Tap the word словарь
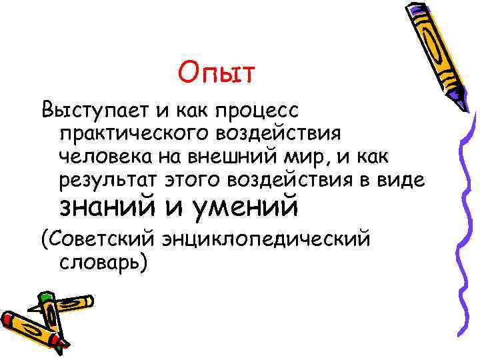[x=100, y=261]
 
